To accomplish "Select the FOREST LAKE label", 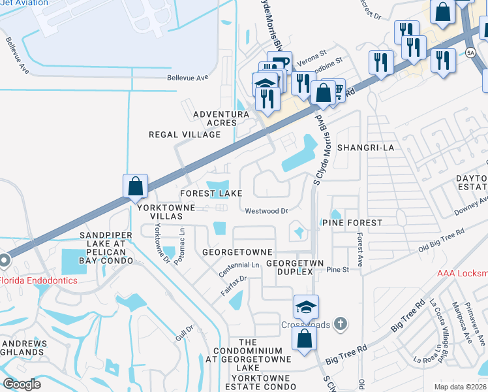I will point(211,193).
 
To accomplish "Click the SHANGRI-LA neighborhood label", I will point(365,148).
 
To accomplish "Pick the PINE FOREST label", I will point(352,223).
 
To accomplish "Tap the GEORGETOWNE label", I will point(237,252).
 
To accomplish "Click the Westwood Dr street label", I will point(266,211).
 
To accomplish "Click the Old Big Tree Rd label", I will point(441,240).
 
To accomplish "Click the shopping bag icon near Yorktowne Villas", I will point(134,186).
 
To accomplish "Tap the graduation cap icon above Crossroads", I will point(305,306).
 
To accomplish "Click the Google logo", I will point(22,384).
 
